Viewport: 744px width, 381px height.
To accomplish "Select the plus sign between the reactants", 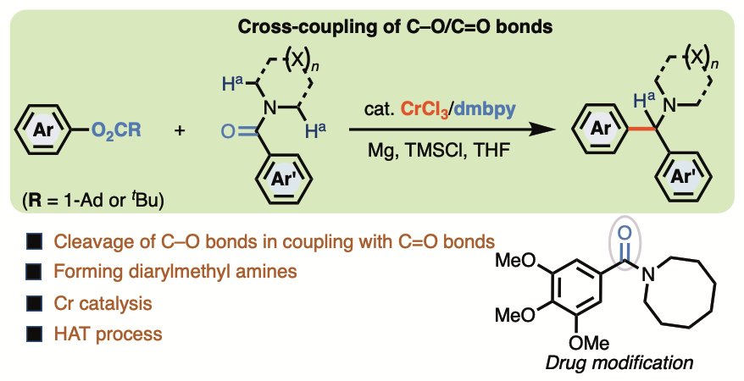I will [180, 132].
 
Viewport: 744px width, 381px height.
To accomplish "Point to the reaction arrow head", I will [536, 131].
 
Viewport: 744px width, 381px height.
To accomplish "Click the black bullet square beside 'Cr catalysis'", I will [35, 302].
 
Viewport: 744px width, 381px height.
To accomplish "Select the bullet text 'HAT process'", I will [108, 333].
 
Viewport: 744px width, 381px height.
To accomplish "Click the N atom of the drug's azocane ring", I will [651, 273].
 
